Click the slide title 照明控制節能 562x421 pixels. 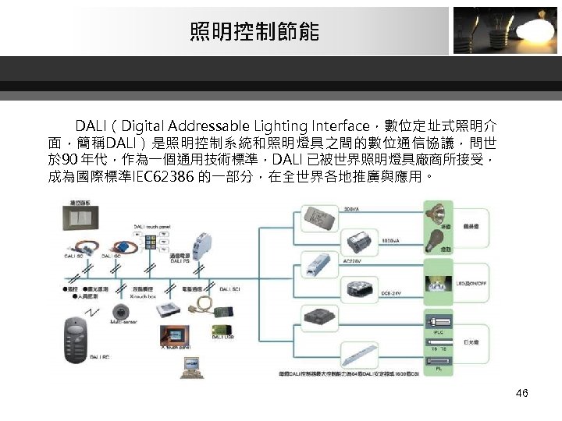tap(254, 33)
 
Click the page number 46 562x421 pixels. tap(521, 393)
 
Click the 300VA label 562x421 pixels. tap(352, 207)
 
